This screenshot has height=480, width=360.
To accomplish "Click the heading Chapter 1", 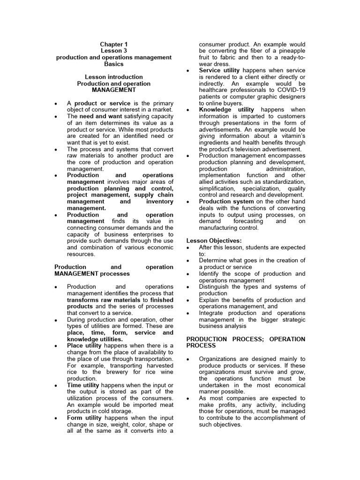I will click(114, 44).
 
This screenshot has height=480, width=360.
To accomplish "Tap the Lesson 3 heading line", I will click(114, 51).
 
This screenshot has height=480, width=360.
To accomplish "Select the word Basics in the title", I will click(114, 64).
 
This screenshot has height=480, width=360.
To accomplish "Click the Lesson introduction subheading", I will click(114, 77).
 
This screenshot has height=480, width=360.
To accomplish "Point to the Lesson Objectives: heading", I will click(214, 241).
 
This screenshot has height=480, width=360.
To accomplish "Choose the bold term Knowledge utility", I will click(226, 110).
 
